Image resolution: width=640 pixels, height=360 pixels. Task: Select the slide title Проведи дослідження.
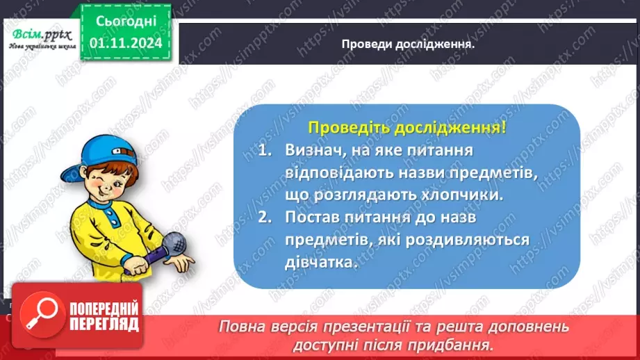[x=408, y=44]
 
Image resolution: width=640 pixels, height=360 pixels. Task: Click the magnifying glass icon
[x=37, y=313]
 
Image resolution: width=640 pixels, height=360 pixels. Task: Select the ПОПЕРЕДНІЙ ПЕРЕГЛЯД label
[x=105, y=316]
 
